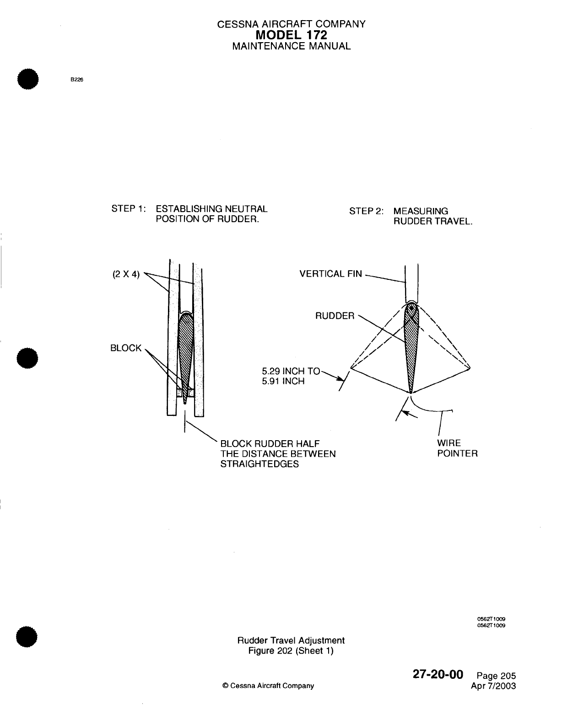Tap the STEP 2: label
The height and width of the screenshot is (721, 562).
coord(367,212)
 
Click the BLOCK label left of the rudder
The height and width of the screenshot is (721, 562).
coord(126,348)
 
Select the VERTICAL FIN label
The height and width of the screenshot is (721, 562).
coord(330,274)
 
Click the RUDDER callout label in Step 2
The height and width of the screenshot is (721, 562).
coord(335,316)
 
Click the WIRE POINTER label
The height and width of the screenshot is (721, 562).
coord(457,448)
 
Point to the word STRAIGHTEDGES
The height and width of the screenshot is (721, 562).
coord(259,464)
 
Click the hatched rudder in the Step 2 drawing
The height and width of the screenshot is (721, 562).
coord(411,348)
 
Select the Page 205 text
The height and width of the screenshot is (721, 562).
coord(496,676)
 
